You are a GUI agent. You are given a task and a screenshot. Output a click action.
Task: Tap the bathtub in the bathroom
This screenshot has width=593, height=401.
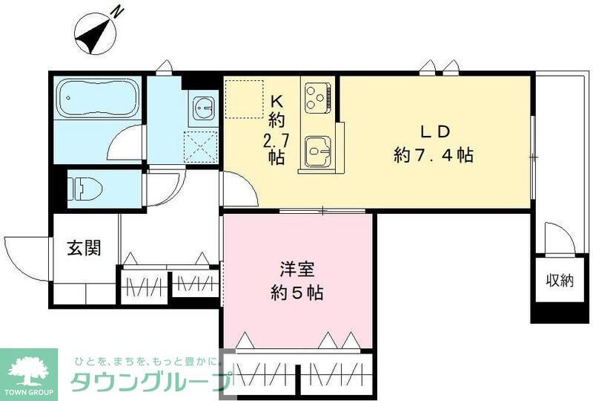97,97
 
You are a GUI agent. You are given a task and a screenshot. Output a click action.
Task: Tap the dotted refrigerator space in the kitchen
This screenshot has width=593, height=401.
244,98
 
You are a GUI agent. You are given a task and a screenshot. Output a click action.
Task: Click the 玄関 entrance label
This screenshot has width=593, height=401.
85,248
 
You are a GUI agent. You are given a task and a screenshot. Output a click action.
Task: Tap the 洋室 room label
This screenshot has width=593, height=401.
296,268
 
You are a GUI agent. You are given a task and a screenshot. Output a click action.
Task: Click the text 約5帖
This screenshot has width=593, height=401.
296,293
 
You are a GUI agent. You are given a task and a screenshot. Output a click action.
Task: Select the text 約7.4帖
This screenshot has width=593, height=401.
434,155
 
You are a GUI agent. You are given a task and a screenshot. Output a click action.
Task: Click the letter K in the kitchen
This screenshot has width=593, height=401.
276,101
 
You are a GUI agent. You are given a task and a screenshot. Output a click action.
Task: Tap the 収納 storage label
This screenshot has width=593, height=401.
560,280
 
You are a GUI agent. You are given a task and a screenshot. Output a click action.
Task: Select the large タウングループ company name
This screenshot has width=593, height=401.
148,382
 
